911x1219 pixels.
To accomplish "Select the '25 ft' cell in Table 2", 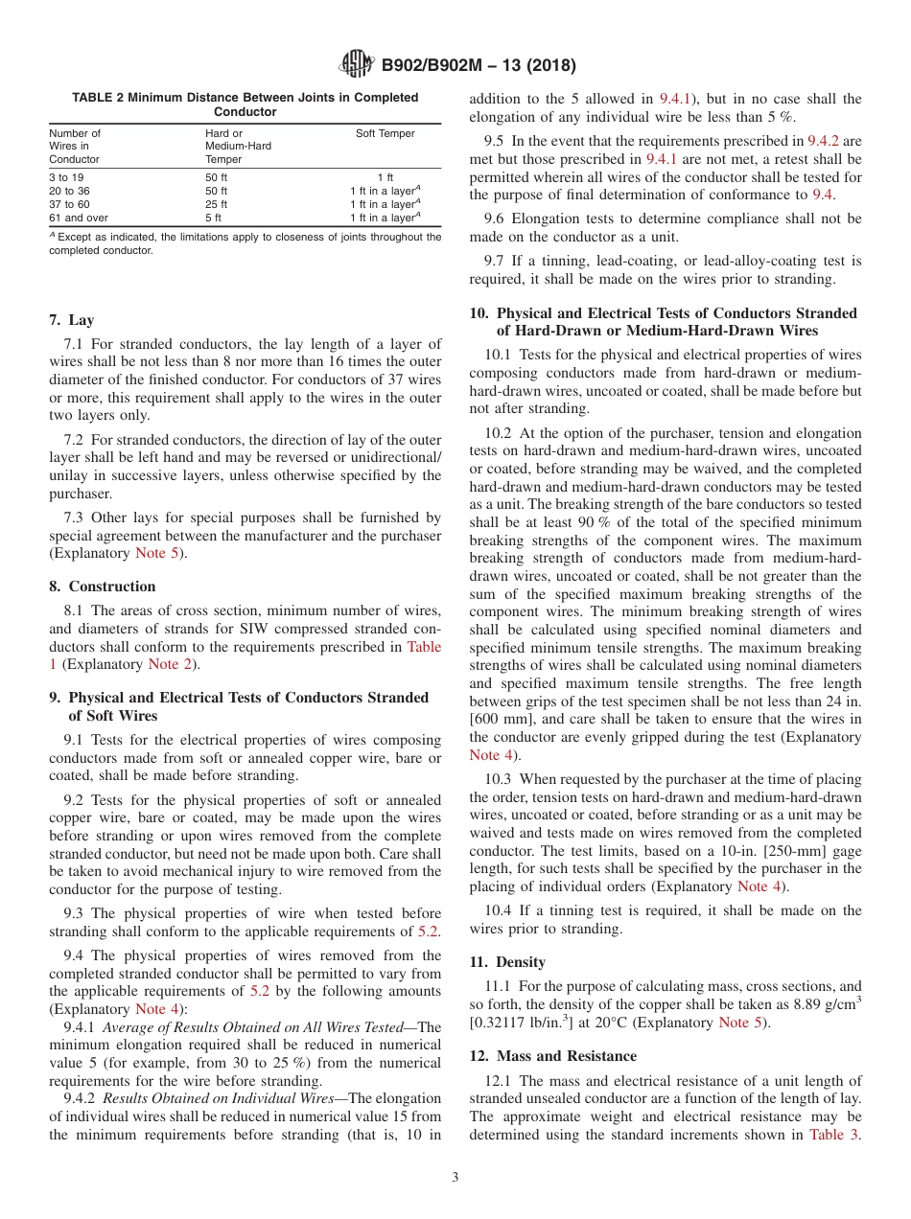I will (x=216, y=204).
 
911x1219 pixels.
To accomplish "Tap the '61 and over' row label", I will (x=79, y=218).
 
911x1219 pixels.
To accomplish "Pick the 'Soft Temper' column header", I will (x=385, y=133).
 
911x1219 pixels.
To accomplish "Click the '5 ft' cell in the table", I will (x=213, y=218).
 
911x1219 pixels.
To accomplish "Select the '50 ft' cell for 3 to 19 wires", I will (x=216, y=177).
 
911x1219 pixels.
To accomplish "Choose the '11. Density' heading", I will (x=507, y=962).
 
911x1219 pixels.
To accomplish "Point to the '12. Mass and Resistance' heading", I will (x=552, y=1056).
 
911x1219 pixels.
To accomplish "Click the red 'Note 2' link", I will (x=163, y=664).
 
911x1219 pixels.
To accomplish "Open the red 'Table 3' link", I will (x=835, y=1135).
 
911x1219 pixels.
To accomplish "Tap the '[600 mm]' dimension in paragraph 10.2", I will (x=502, y=719).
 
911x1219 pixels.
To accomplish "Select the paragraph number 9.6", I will (x=495, y=218).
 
